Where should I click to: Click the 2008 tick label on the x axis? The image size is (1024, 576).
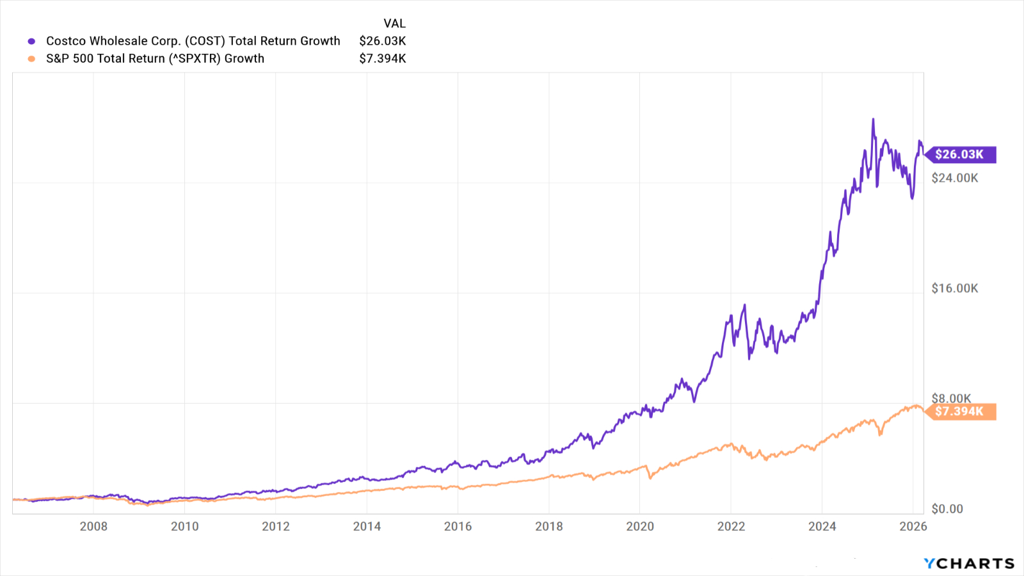93,526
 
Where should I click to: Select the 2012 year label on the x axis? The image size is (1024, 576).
276,526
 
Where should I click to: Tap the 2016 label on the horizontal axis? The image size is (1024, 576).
458,526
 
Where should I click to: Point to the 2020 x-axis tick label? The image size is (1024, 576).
640,526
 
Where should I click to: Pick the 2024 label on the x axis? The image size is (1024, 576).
822,526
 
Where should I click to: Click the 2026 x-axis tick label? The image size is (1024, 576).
913,526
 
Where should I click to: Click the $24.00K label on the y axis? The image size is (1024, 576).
955,178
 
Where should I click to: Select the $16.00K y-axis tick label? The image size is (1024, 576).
955,288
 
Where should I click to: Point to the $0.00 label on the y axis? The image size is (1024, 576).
947,509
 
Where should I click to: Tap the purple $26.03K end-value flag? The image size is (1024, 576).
960,154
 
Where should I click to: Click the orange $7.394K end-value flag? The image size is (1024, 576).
960,412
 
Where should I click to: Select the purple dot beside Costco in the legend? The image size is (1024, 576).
31,42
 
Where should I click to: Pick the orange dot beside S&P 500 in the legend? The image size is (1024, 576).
31,59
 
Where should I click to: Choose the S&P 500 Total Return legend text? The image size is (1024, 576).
155,58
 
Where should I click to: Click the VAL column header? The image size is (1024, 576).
394,24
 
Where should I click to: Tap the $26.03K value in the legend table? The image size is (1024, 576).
383,41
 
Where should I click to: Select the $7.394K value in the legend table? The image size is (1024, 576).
383,58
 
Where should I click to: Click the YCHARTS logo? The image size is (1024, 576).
969,563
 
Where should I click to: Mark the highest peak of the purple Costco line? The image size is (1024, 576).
873,120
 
